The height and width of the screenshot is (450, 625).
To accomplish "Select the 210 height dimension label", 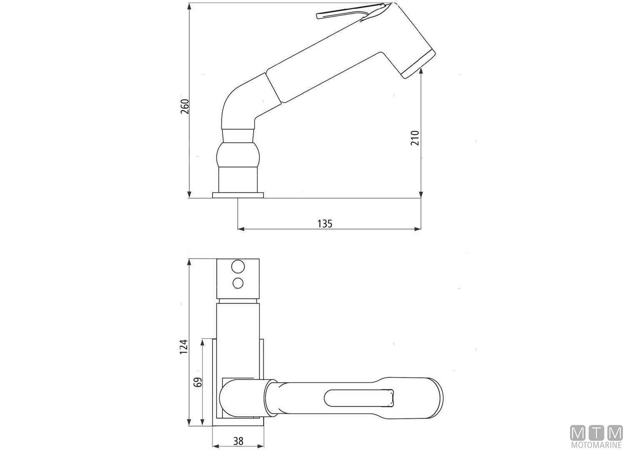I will coord(415,138).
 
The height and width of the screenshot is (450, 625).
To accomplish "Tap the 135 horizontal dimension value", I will coord(325,224).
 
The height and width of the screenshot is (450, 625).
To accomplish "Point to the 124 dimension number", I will coord(184,347).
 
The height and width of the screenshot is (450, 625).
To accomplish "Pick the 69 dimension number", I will coord(198,382).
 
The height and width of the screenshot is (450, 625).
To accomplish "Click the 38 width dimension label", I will coord(238,440).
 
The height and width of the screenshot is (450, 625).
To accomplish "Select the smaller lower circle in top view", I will coord(238,283).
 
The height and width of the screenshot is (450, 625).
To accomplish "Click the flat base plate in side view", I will coord(238,195).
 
